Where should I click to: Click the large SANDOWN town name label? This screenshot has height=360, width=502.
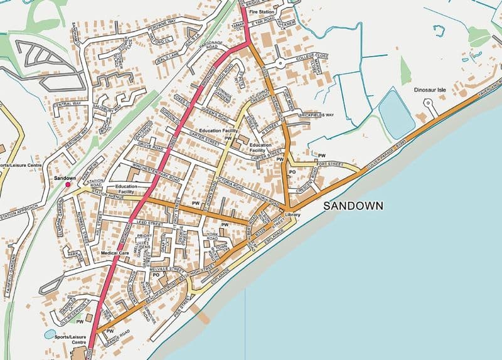tap(353, 206)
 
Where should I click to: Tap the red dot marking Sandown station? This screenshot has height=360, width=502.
tap(68, 185)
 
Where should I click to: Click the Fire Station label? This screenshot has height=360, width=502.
tap(262, 12)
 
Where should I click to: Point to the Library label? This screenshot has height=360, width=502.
tap(292, 216)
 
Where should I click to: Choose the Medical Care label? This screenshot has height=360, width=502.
tap(114, 253)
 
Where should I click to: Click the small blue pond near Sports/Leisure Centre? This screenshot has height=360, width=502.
tap(50, 334)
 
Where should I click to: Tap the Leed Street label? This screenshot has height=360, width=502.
tap(150, 223)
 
